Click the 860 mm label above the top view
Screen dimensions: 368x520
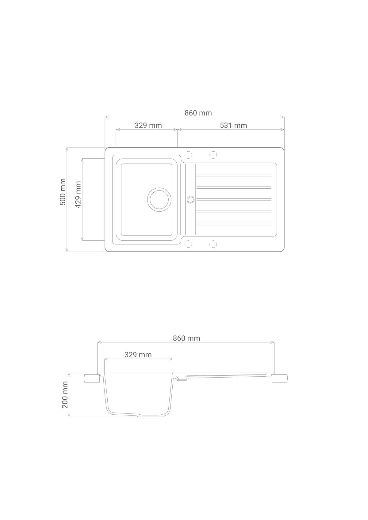tap(198, 113)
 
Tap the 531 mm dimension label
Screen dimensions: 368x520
tap(233, 126)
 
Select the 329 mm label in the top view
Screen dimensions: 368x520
tap(148, 126)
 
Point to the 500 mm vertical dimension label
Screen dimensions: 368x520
tap(63, 192)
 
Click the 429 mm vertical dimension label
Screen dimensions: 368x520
tap(78, 194)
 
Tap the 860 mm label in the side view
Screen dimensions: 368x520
tap(186, 338)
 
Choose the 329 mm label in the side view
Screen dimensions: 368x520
tap(138, 355)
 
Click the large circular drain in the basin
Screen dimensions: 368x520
tap(159, 200)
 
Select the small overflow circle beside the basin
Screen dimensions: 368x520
tap(191, 199)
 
